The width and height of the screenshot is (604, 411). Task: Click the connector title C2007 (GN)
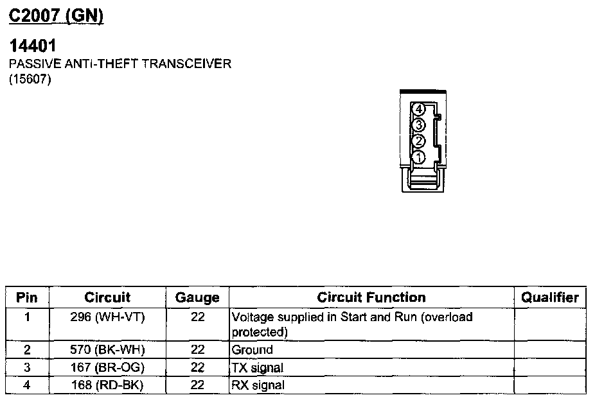point(56,16)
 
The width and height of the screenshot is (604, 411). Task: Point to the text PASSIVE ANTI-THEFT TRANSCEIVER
point(120,64)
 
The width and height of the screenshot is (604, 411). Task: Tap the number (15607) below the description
point(30,80)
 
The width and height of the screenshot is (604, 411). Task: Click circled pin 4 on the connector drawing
point(418,110)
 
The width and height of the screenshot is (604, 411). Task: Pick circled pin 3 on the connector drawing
point(418,125)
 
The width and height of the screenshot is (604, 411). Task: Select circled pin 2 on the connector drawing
point(418,141)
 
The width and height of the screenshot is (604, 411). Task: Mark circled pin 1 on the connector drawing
point(418,157)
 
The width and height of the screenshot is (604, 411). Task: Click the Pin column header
point(27,297)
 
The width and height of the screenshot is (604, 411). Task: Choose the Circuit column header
point(107,297)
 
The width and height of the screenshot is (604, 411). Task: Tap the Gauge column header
point(197,297)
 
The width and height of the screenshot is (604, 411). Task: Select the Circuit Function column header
point(371,297)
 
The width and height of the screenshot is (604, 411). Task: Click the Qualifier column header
point(549,297)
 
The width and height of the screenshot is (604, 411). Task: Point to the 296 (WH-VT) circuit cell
point(107,317)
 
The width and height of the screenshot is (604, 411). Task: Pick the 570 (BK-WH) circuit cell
point(107,350)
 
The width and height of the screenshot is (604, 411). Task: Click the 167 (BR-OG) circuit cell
point(107,368)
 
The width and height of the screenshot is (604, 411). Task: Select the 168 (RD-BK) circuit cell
point(107,385)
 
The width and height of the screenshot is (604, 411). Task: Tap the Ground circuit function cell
point(252,350)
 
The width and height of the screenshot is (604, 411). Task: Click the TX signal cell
point(257,368)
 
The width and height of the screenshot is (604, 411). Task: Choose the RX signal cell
point(257,385)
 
